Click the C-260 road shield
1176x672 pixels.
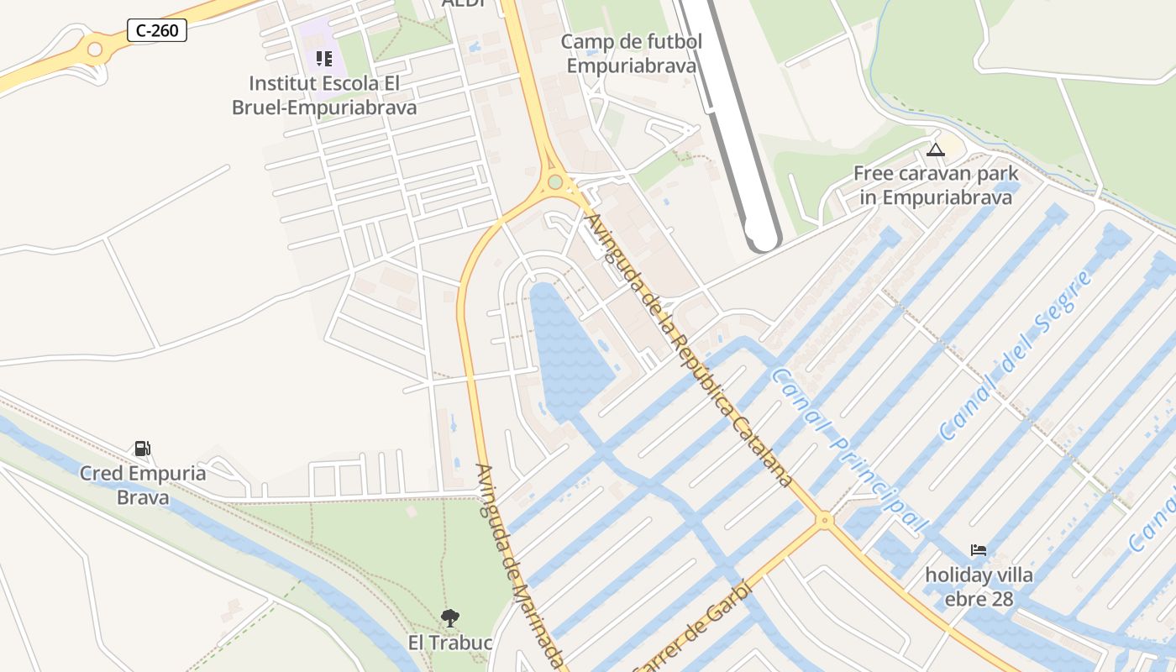click(157, 31)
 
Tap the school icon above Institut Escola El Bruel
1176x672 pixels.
click(324, 59)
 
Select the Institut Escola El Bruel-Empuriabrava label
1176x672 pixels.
click(324, 96)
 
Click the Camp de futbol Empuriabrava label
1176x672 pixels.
click(632, 53)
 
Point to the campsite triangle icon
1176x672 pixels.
click(936, 150)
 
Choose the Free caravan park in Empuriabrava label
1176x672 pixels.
click(936, 186)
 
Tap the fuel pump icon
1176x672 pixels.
click(143, 449)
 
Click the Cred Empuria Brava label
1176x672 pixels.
click(143, 485)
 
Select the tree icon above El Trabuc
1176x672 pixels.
click(450, 619)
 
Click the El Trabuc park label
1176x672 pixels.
click(450, 643)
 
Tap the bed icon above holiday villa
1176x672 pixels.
click(979, 550)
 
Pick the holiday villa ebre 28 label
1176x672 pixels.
click(979, 587)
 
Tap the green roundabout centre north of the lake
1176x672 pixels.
click(554, 182)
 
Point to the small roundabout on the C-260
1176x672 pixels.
click(95, 50)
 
